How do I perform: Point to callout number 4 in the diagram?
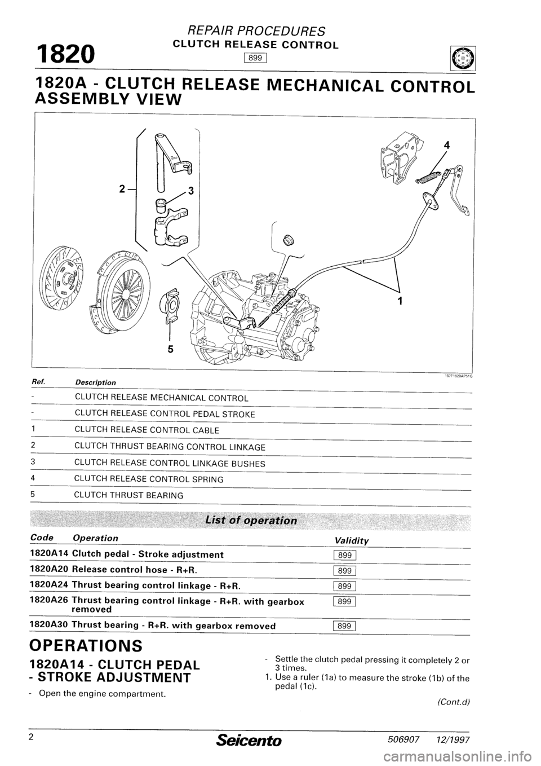(446, 146)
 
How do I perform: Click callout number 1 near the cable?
(399, 302)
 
